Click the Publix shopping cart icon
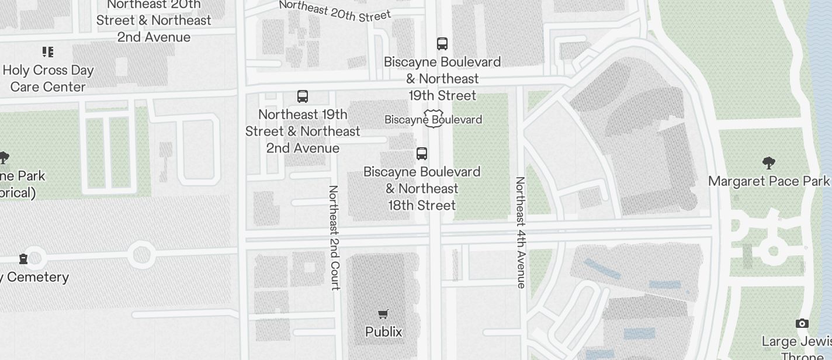(383, 314)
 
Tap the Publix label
(383, 332)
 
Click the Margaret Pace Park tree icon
(769, 163)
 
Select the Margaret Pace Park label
(769, 181)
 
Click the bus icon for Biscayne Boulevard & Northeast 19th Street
(442, 44)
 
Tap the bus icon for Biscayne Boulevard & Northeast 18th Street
(422, 154)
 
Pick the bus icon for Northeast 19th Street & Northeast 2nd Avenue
(303, 96)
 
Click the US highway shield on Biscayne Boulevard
(433, 119)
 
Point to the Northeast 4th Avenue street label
(520, 232)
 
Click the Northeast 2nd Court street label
(334, 237)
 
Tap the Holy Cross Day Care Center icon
(48, 52)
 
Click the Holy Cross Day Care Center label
(48, 78)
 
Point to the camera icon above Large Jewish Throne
(802, 323)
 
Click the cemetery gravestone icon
(23, 258)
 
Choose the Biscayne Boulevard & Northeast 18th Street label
(422, 189)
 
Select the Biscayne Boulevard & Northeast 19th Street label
(442, 78)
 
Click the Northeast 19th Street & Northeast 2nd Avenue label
(303, 131)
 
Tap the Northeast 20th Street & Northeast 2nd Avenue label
(154, 20)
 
